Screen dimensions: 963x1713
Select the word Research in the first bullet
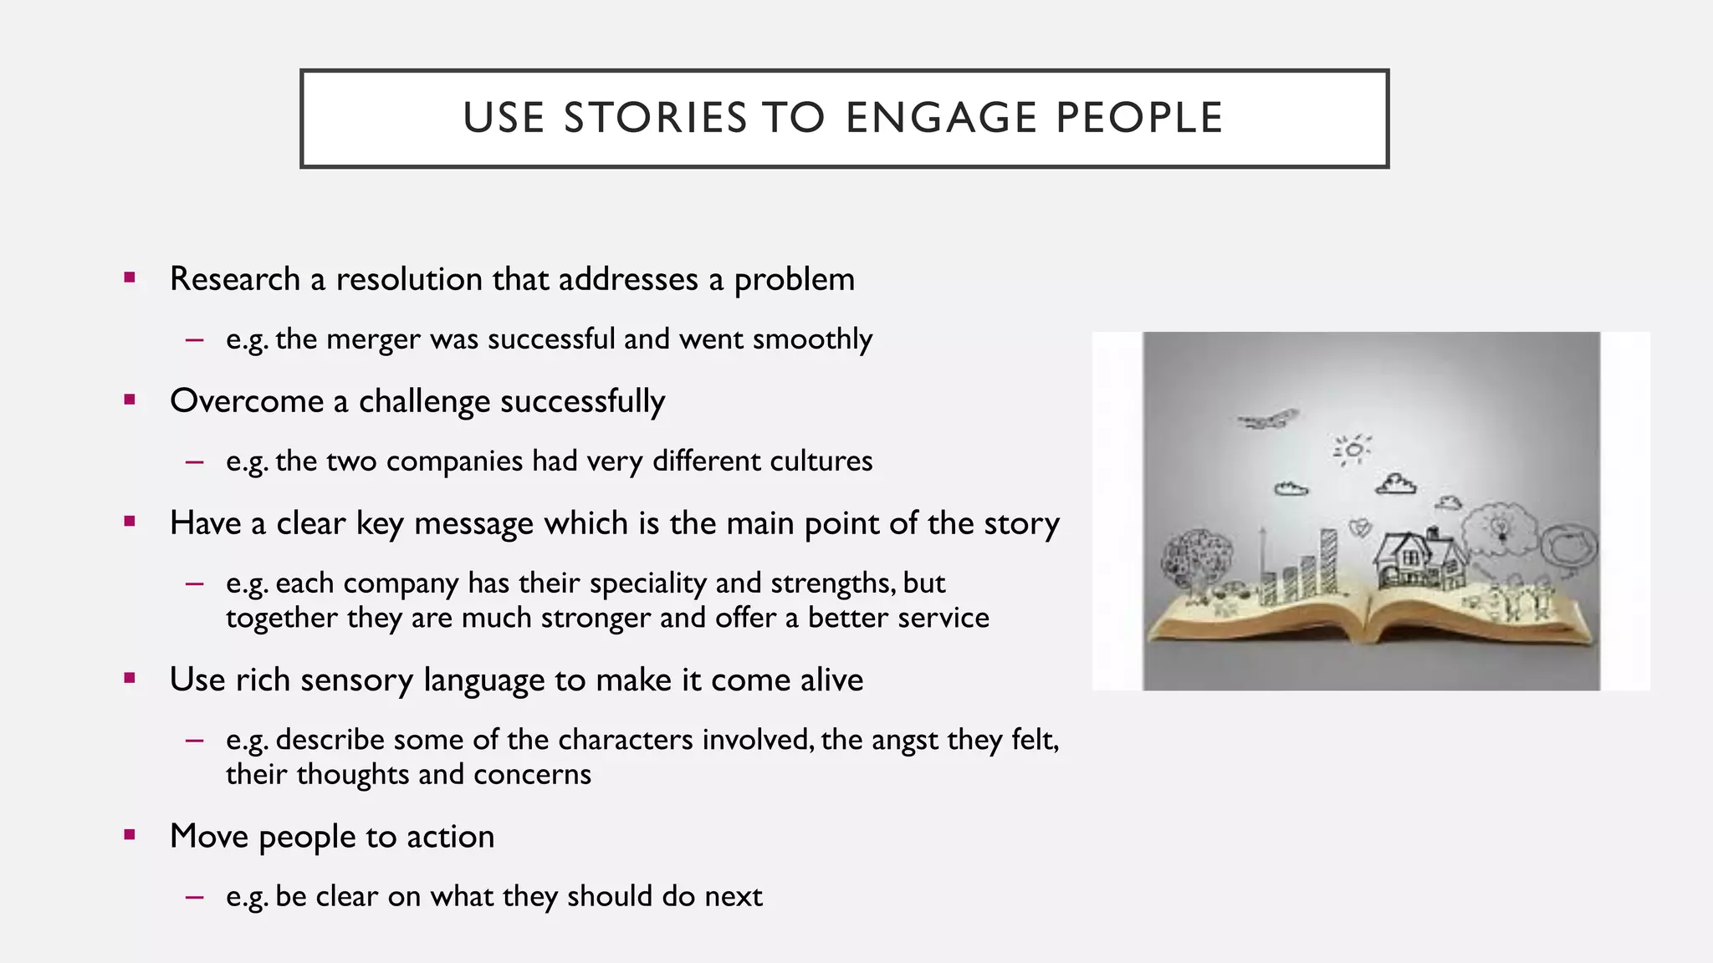coord(234,279)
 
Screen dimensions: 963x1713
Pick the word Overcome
coord(246,401)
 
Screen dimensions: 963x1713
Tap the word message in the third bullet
coord(473,523)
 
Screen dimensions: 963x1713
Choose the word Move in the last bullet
coord(209,836)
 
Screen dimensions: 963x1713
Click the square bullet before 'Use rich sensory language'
coord(129,679)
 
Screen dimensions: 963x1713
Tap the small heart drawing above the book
coord(1361,528)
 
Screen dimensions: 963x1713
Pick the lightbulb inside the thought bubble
coord(1501,527)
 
